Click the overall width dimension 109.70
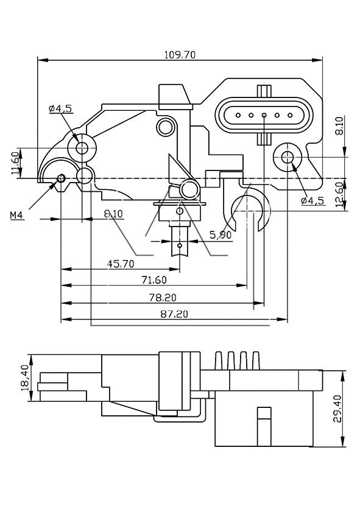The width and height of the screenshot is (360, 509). click(x=180, y=55)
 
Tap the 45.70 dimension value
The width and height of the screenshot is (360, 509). click(x=121, y=264)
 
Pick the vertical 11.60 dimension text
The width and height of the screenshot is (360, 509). click(x=14, y=163)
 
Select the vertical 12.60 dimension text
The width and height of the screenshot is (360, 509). click(x=340, y=195)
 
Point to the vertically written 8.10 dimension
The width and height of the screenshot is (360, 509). click(x=339, y=125)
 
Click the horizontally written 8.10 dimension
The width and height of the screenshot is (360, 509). click(x=113, y=214)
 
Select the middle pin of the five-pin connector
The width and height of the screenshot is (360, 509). click(x=264, y=114)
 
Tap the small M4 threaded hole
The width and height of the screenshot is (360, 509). click(x=60, y=178)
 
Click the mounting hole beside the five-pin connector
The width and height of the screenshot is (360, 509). click(x=288, y=158)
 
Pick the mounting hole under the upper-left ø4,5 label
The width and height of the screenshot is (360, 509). click(x=82, y=147)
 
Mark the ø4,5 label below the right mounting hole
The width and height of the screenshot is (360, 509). click(x=312, y=200)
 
